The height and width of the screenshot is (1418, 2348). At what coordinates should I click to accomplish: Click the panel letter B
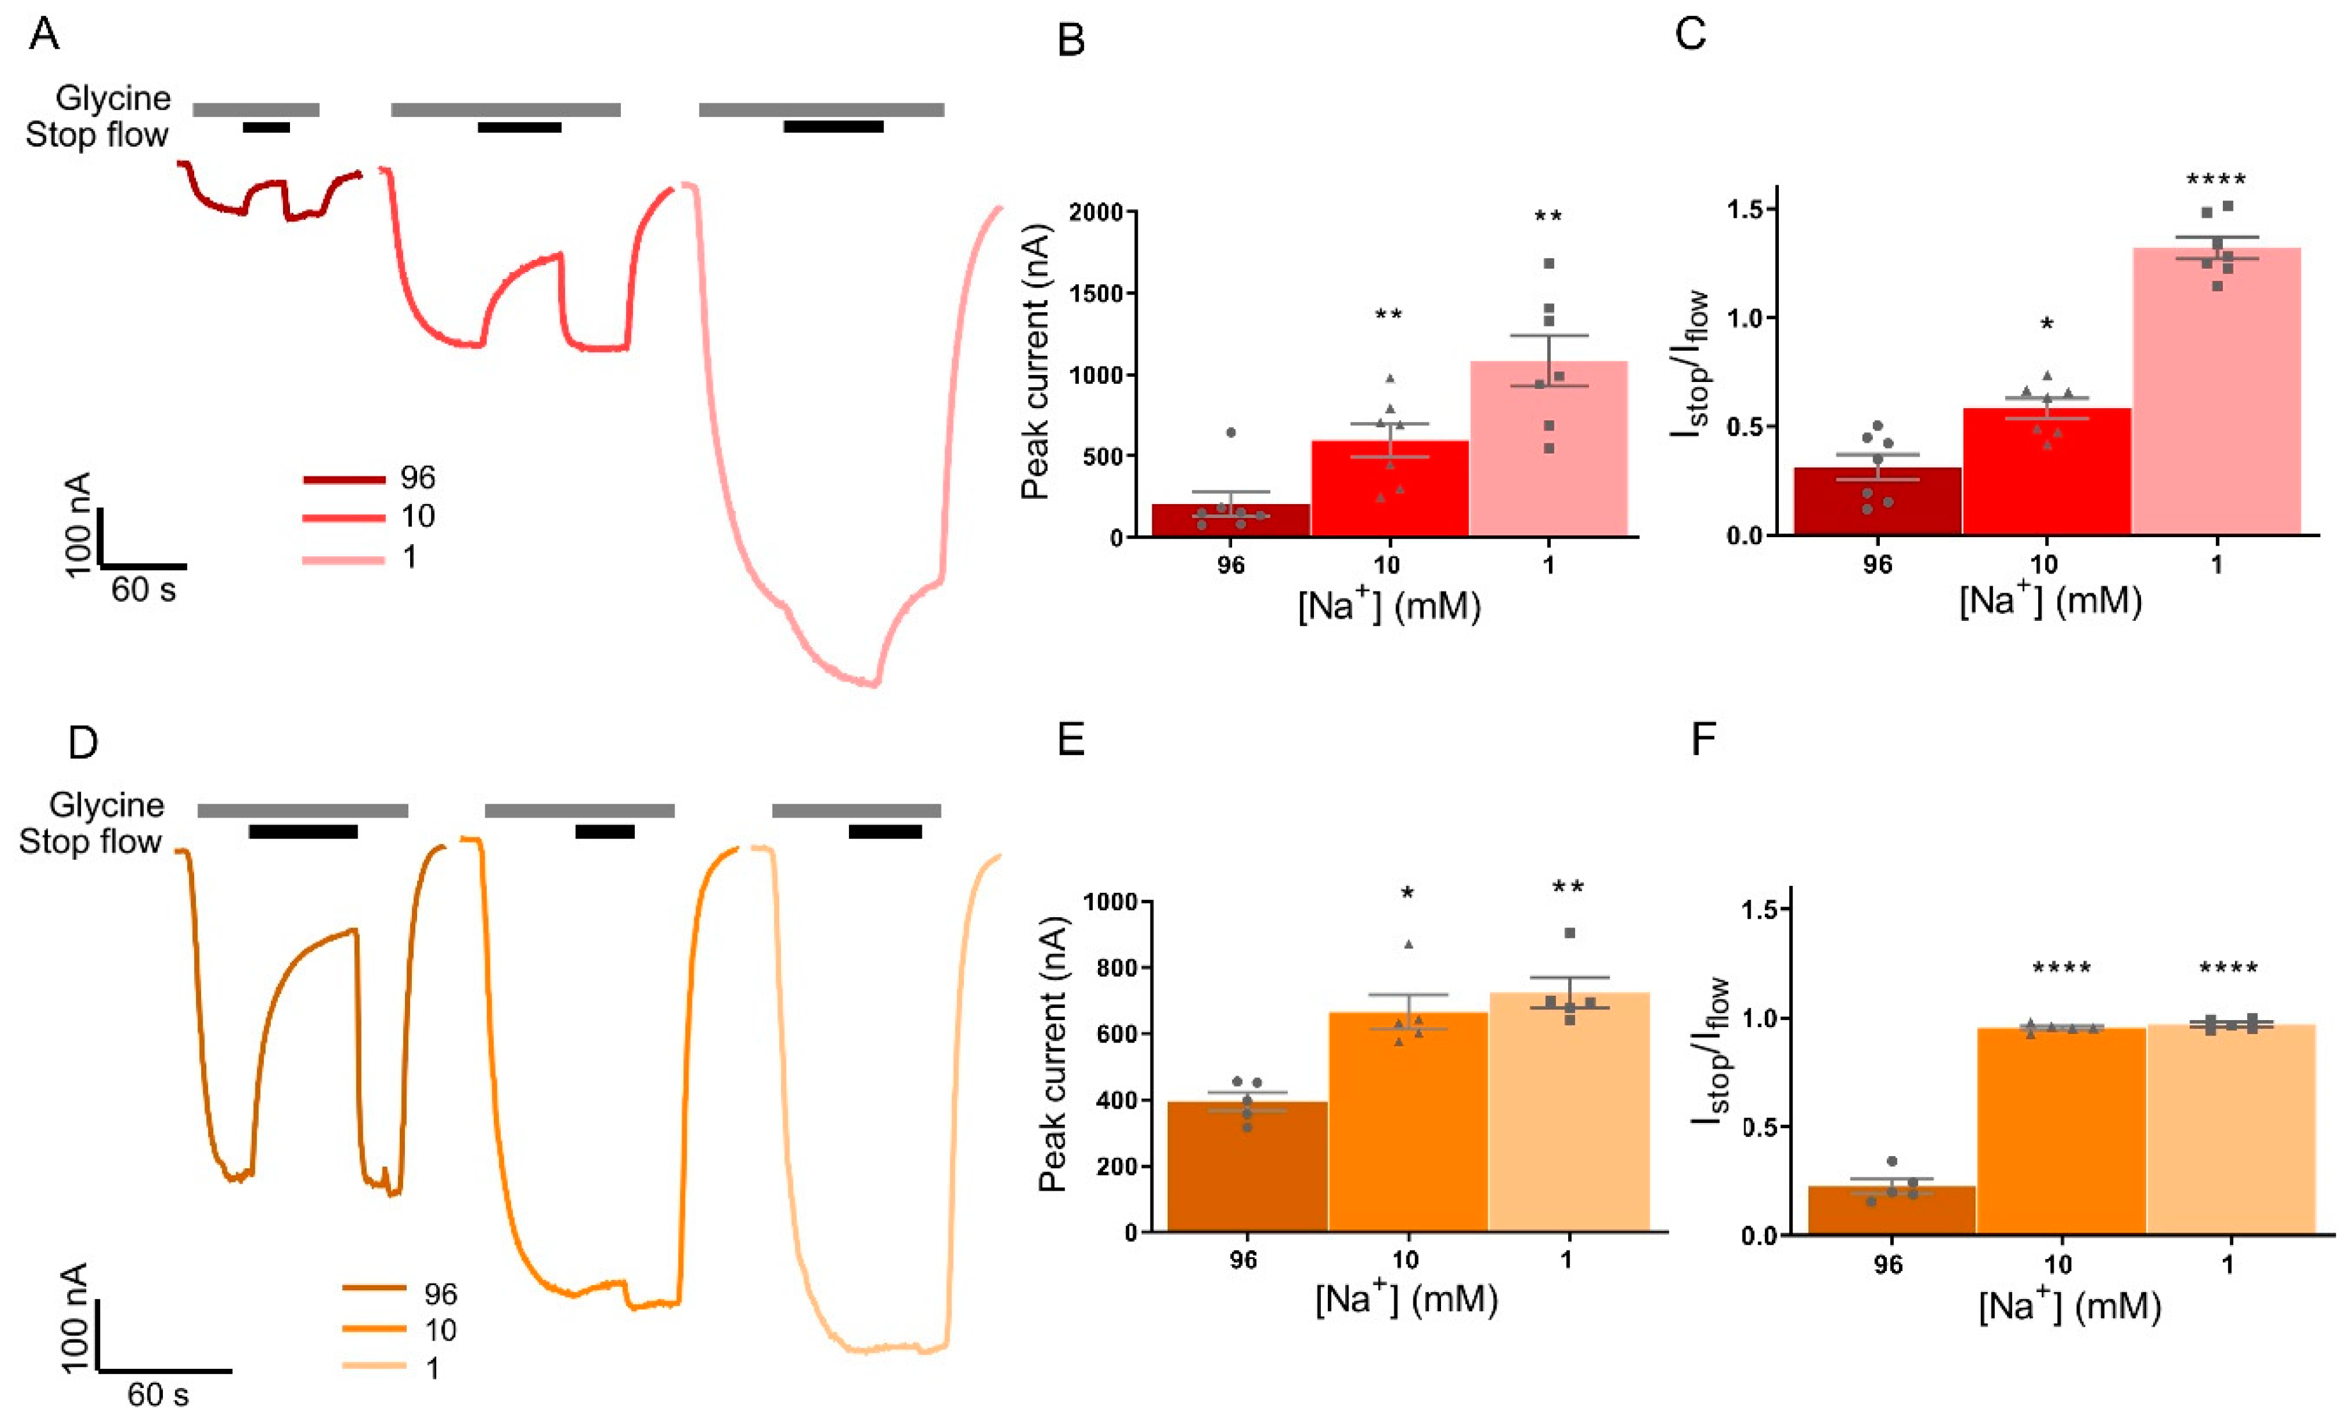point(1071,41)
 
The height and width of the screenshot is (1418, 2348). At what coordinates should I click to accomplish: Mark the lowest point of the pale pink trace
point(872,683)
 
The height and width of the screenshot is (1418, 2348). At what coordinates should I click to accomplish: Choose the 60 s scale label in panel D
point(158,1395)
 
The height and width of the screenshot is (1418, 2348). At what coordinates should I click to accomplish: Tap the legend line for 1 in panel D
point(374,1366)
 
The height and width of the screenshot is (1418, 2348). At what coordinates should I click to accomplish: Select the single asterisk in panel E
point(1408,894)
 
